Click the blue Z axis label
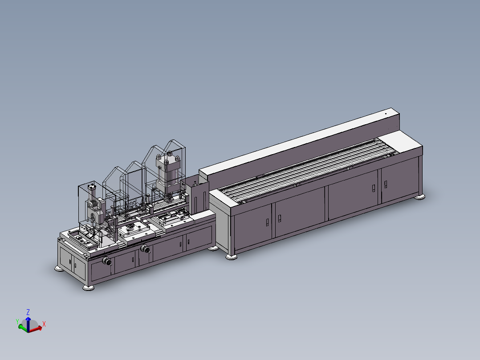pyautogui.click(x=28, y=312)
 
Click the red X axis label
pyautogui.click(x=44, y=324)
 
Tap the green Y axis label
pyautogui.click(x=17, y=321)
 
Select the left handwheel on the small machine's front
pyautogui.click(x=107, y=261)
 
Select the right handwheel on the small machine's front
pyautogui.click(x=145, y=249)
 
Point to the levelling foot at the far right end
pyautogui.click(x=420, y=197)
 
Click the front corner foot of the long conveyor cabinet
pyautogui.click(x=231, y=257)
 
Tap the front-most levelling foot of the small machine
pyautogui.click(x=89, y=287)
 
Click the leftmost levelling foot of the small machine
pyautogui.click(x=59, y=269)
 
